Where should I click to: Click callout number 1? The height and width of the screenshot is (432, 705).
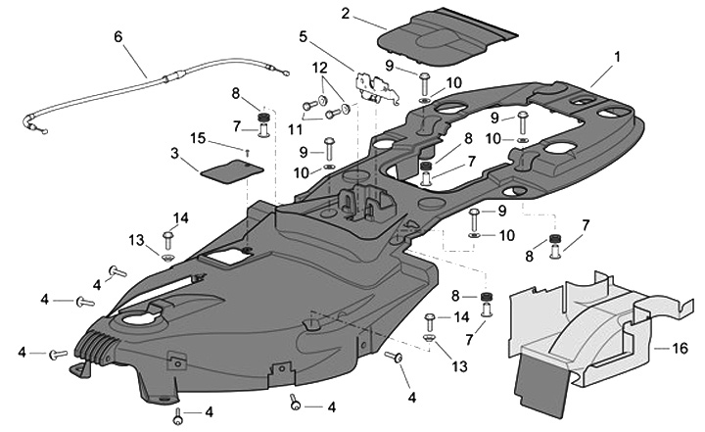(617, 57)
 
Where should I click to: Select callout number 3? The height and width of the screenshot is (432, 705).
(174, 154)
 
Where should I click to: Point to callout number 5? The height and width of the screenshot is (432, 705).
(304, 37)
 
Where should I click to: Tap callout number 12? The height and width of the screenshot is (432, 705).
(318, 67)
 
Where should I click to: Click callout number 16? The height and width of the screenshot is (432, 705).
(681, 348)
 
